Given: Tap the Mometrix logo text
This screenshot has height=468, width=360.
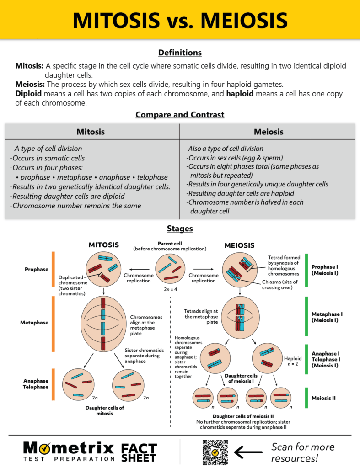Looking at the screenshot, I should [x=68, y=447].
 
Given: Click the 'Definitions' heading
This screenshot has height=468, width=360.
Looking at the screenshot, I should [x=180, y=53].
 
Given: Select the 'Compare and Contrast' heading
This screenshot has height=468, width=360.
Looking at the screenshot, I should [x=180, y=114].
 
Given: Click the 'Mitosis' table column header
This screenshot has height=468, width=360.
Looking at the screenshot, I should [x=91, y=132].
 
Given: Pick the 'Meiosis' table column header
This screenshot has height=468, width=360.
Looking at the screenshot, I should [x=268, y=132].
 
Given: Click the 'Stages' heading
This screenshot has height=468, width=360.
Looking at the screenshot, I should [x=180, y=229].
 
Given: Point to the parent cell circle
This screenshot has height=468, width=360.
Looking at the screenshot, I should [x=170, y=269].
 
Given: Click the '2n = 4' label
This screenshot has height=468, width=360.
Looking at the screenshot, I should [x=170, y=289].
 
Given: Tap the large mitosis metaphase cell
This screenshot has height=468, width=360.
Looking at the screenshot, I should [x=104, y=323].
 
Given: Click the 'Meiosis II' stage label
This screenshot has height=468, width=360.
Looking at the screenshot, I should [x=323, y=398].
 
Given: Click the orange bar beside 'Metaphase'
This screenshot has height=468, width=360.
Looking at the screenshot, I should [x=54, y=323].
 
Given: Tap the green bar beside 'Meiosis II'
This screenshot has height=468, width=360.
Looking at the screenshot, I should [x=306, y=398].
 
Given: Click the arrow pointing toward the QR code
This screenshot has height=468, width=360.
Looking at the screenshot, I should [x=249, y=452].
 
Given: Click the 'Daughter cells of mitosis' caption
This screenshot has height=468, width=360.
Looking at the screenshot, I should [x=104, y=410].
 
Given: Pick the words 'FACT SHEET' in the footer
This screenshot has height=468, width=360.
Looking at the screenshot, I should [x=139, y=452].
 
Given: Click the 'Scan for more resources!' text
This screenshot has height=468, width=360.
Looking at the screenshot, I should [x=303, y=452].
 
